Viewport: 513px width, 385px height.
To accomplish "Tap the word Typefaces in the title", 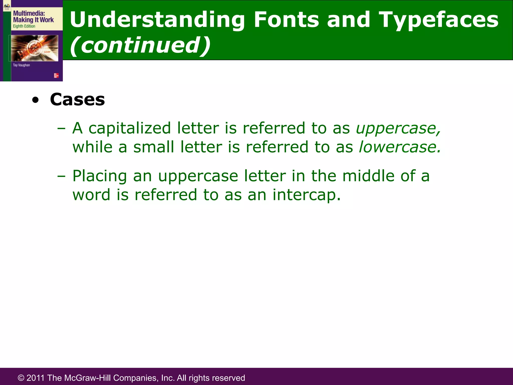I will coord(438,20).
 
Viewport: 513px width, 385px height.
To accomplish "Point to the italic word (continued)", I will coord(140,45).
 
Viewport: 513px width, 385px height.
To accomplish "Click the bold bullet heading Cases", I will coord(77,100).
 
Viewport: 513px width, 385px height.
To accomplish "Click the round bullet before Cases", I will coord(36,100).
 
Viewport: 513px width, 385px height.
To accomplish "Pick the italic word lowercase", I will coord(400,147).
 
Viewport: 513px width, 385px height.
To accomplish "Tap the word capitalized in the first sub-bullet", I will coord(130,128).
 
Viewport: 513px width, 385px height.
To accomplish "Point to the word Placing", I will coord(100,176).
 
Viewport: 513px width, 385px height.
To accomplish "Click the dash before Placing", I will coord(61,176).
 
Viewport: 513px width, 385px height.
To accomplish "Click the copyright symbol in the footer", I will coord(21,378).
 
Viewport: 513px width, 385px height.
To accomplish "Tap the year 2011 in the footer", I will coord(36,378).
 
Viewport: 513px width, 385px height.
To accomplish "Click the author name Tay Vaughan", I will coord(21,65).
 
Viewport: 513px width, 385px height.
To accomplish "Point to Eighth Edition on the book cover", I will coord(24,26).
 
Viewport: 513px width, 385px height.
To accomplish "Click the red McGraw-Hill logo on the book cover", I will coord(56,75).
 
